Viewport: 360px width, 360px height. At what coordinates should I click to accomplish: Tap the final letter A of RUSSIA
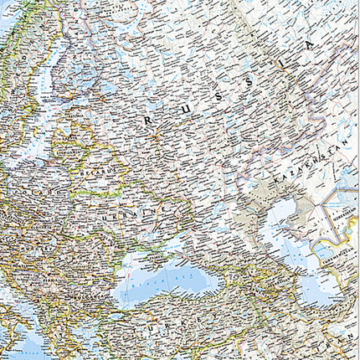point(311,46)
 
